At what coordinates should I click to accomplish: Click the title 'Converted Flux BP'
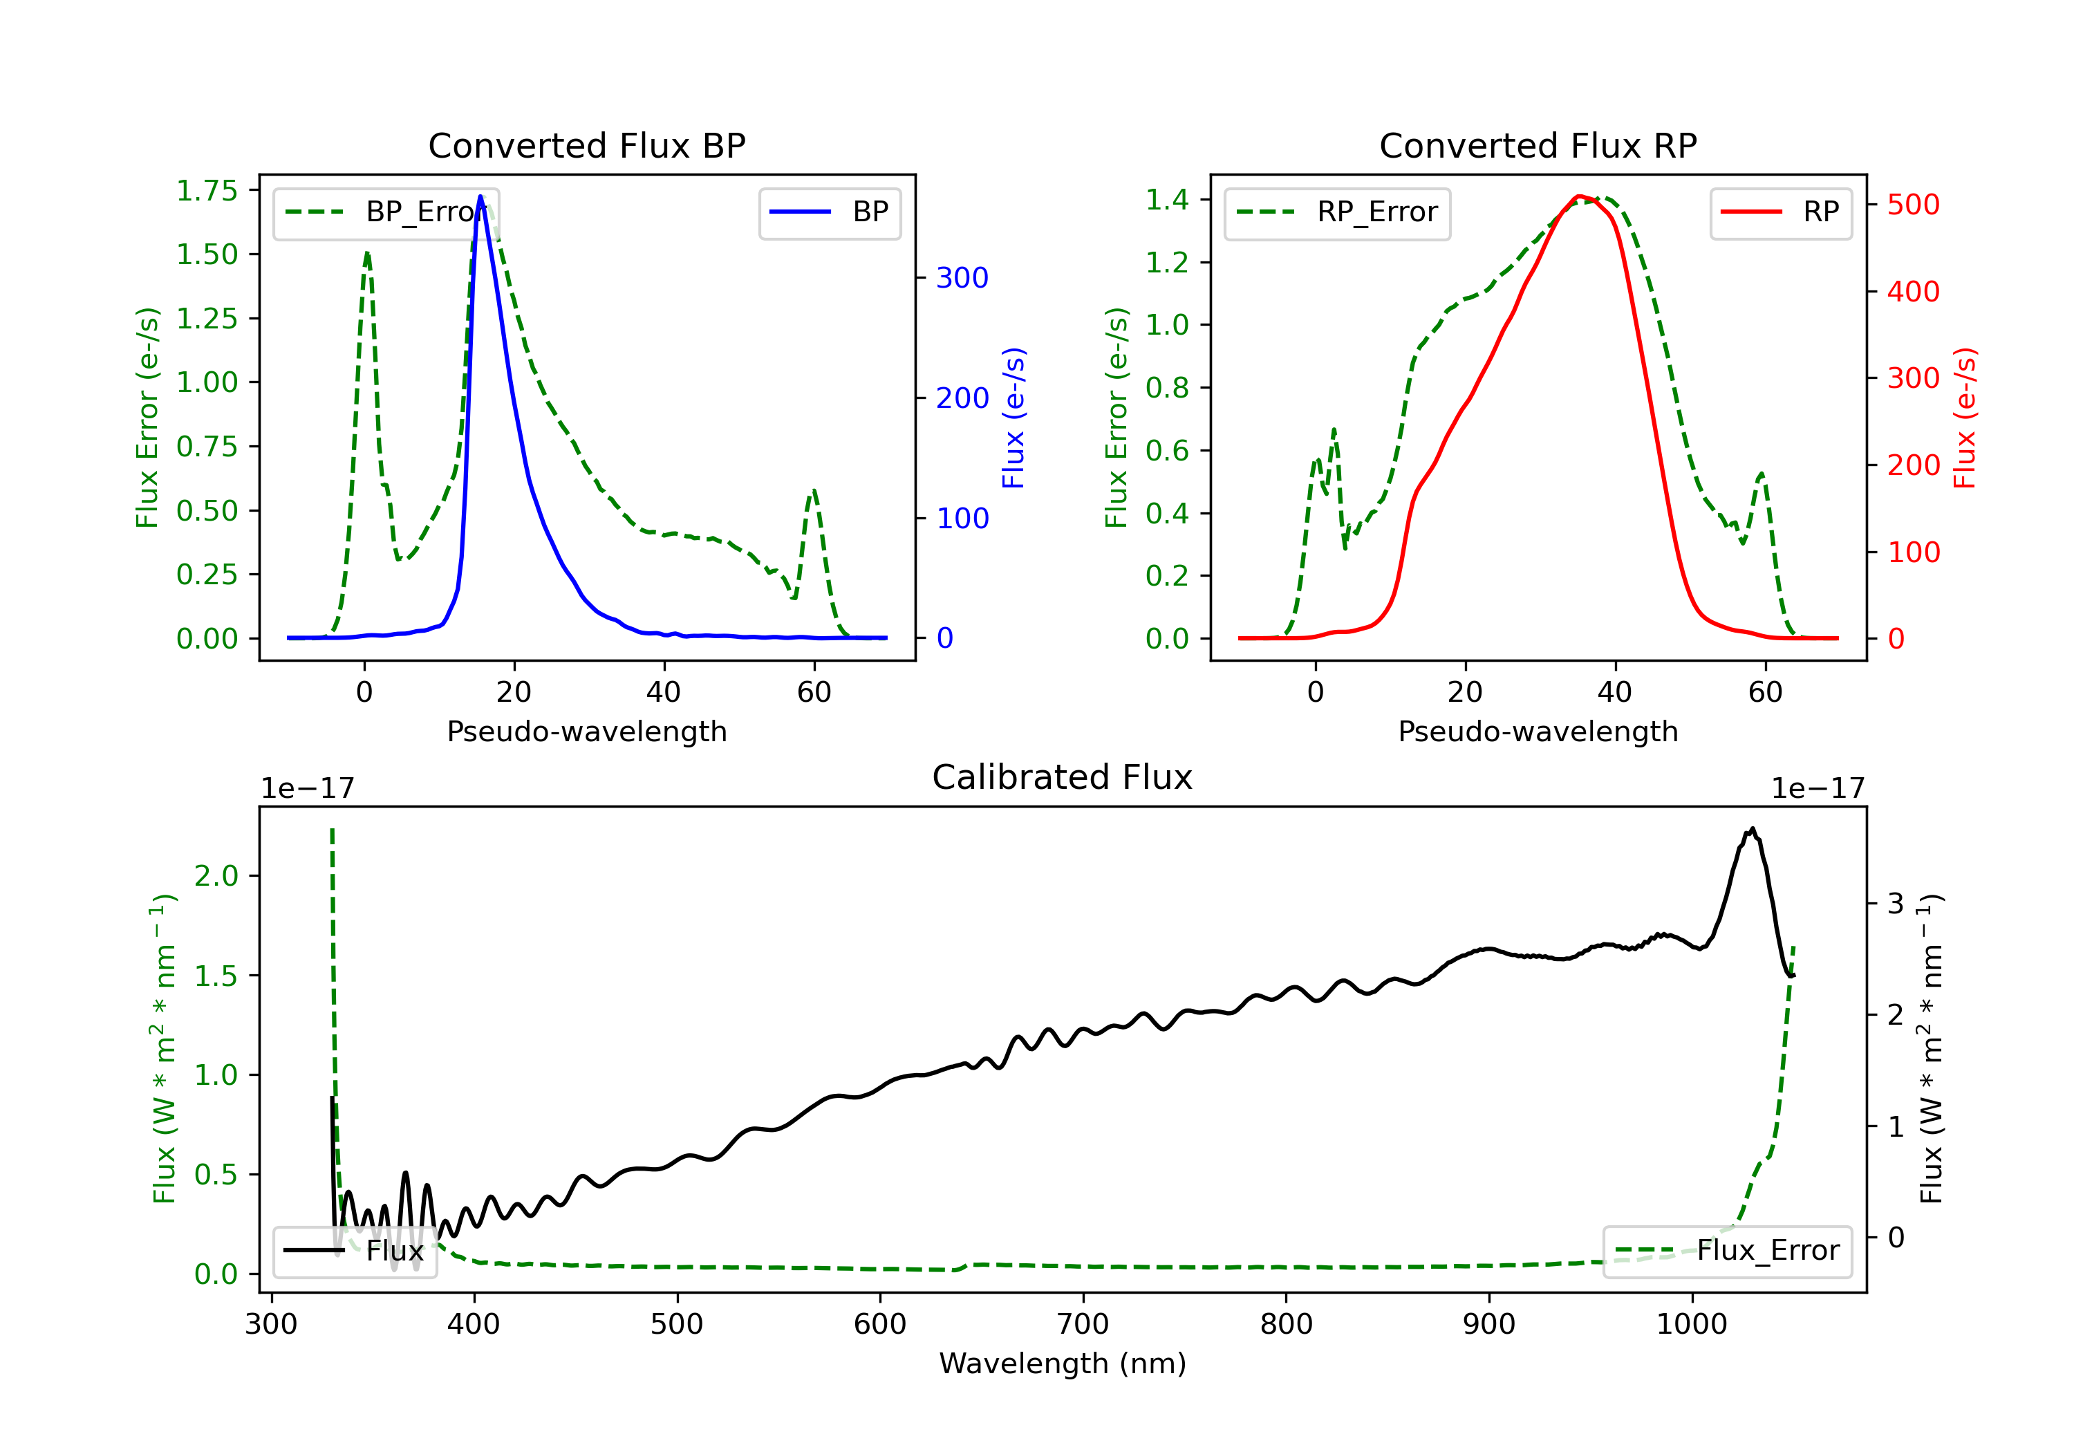(586, 145)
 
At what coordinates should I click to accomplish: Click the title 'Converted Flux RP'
(1538, 145)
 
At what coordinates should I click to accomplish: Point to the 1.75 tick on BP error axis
(207, 191)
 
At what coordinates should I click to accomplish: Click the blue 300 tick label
(962, 277)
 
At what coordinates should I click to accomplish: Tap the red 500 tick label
(1913, 204)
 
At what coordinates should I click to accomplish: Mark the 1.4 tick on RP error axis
(1167, 200)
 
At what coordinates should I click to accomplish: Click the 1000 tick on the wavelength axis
(1691, 1325)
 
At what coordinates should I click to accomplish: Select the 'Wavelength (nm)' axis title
(1063, 1363)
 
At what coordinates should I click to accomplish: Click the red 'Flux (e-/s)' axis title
(1965, 418)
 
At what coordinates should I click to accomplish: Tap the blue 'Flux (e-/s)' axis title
(1013, 418)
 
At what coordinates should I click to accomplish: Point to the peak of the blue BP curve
(480, 196)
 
